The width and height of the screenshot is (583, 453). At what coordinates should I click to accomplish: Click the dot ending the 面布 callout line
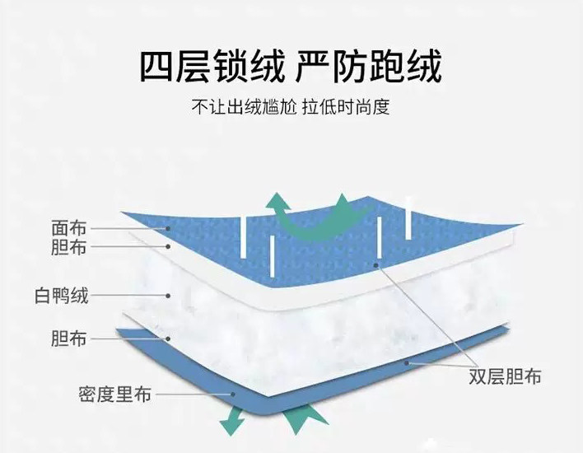tap(168, 228)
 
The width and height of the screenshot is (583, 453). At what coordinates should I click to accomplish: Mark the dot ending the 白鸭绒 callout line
tap(168, 294)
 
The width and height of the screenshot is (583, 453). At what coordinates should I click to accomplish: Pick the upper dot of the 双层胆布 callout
tap(375, 265)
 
